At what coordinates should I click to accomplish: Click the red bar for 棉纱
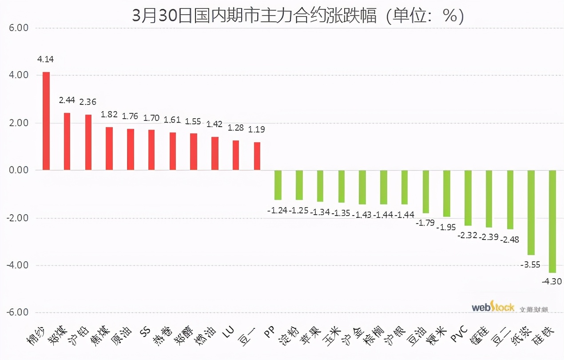(46, 121)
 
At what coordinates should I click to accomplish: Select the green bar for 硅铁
(552, 221)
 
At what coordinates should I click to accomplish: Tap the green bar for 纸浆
(531, 212)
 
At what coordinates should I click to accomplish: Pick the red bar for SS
(151, 150)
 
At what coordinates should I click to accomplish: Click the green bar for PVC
(468, 198)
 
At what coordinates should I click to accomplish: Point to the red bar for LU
(236, 155)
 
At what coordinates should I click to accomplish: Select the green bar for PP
(278, 185)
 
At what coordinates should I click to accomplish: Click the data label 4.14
(46, 59)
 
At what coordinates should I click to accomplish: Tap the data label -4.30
(552, 281)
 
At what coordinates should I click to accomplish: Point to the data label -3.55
(530, 265)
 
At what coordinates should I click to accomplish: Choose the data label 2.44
(67, 100)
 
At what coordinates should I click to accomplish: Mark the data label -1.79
(425, 223)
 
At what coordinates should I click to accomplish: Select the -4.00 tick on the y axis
(17, 265)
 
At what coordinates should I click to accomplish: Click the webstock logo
(493, 307)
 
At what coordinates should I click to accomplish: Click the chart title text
(298, 16)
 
